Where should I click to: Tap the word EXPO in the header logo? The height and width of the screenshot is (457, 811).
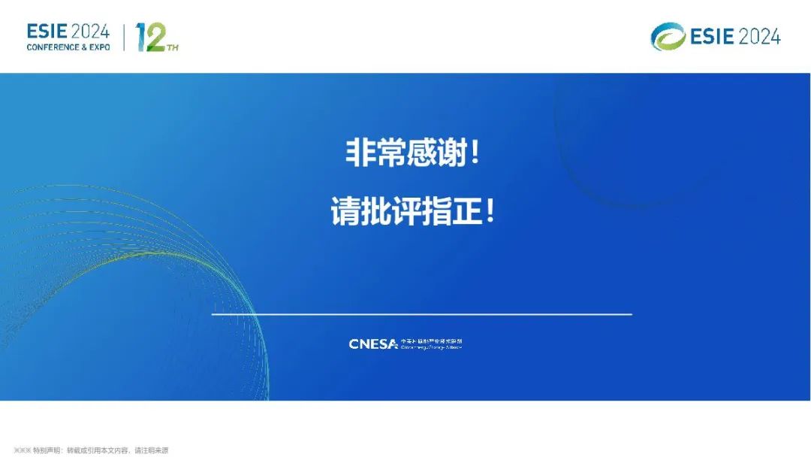[x=99, y=47]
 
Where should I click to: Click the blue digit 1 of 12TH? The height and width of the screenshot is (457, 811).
[x=140, y=38]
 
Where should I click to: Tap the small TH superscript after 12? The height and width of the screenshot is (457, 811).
[x=173, y=48]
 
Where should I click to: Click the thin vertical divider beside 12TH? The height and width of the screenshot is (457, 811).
[x=123, y=36]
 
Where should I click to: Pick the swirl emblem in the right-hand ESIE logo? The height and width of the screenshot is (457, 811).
[x=668, y=36]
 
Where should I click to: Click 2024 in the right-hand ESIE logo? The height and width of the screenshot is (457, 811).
[x=759, y=36]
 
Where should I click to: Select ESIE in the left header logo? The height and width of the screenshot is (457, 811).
[x=47, y=32]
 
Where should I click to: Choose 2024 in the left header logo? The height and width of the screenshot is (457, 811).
[x=91, y=32]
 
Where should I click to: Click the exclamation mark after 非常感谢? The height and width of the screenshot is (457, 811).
[x=473, y=155]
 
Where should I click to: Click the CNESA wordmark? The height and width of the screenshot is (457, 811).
[x=373, y=344]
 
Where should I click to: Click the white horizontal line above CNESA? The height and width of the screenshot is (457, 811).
[x=421, y=313]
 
